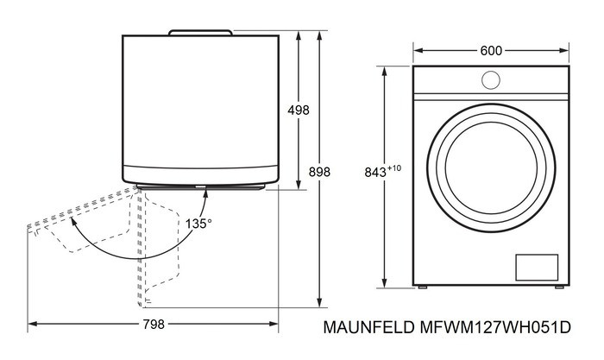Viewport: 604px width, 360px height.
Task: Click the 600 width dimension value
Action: (x=491, y=51)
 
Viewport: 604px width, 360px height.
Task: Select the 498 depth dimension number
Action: (x=298, y=110)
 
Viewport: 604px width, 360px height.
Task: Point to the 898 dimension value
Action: (x=319, y=172)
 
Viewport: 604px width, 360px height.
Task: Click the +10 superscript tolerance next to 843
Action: (x=394, y=167)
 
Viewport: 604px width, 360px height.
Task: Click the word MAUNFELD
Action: (x=368, y=328)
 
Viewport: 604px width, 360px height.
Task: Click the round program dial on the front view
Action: (x=490, y=79)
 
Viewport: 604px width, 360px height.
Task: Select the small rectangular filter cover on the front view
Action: (x=537, y=267)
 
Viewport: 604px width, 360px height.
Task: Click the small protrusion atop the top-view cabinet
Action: (x=201, y=32)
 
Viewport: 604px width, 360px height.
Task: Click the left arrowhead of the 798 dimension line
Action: (x=32, y=325)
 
